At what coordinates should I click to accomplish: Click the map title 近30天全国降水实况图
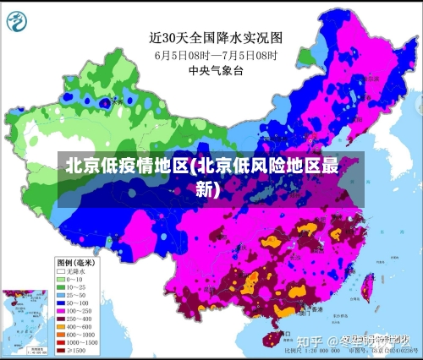pos(215,37)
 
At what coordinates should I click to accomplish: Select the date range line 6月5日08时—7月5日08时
pos(215,54)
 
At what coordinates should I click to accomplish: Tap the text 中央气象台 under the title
pos(215,71)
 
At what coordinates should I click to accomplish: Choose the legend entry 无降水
pos(72,271)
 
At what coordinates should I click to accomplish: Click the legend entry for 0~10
pos(72,279)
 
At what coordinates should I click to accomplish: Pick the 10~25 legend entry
pos(72,286)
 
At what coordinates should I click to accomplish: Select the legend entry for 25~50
pos(72,294)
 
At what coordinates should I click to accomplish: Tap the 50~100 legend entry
pos(72,302)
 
